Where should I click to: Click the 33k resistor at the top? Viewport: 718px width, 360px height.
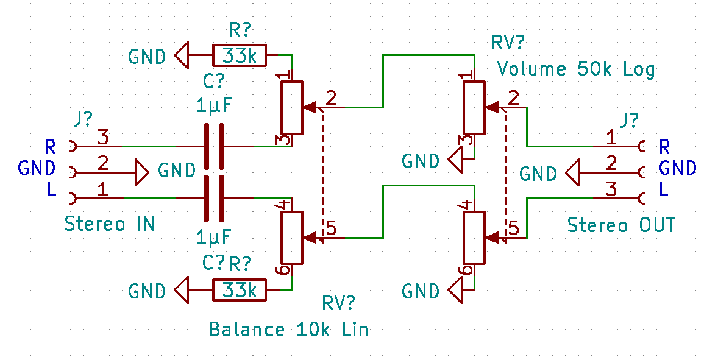240,56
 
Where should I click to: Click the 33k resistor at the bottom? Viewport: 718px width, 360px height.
240,290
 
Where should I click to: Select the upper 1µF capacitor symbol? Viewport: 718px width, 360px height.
213,147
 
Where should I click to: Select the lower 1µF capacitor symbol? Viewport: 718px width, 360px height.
213,198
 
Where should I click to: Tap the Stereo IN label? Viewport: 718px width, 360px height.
110,224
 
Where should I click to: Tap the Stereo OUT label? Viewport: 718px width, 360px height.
621,225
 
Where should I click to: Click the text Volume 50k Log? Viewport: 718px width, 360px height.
576,68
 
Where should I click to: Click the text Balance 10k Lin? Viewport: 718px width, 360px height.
289,330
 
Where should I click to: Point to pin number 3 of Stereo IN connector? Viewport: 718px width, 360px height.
102,138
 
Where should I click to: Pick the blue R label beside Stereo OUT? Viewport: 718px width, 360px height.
664,147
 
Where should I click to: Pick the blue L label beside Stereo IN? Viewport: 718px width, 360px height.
52,191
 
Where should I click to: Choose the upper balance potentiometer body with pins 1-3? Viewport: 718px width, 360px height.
292,108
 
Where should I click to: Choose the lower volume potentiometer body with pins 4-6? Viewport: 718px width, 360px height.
475,236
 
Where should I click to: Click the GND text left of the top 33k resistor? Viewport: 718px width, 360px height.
147,57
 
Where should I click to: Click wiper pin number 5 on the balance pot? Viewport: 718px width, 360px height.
331,228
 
